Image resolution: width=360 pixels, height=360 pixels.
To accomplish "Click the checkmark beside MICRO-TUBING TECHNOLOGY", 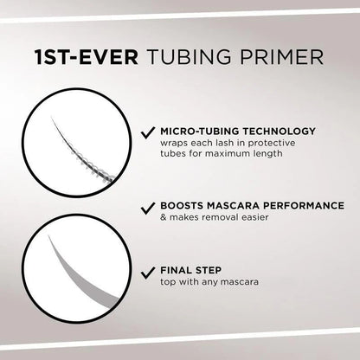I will [x=149, y=132].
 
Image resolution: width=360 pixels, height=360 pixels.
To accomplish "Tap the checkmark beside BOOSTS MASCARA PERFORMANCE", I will [x=149, y=208].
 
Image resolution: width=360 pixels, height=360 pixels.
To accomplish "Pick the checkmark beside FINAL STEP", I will [x=149, y=270].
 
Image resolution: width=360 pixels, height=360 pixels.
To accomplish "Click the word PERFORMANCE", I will [x=284, y=208].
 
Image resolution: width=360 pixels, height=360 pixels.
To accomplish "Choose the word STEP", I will [x=209, y=270].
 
